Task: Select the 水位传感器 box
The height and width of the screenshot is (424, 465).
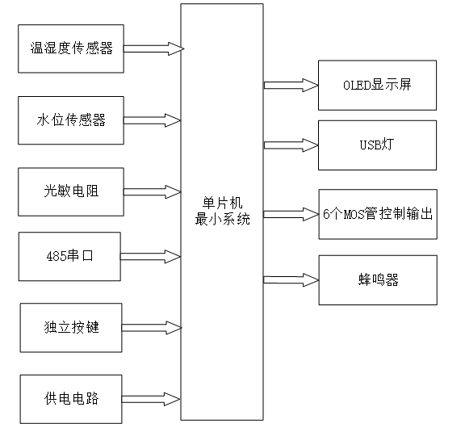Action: [x=72, y=120]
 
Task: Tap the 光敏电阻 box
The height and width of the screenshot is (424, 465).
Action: [x=72, y=191]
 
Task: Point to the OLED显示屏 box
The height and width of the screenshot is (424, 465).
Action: [x=377, y=85]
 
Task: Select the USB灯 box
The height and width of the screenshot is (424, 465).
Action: [x=377, y=145]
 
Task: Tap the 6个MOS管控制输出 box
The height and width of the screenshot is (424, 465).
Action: [x=377, y=214]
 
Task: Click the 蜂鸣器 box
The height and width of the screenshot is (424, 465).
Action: [x=377, y=279]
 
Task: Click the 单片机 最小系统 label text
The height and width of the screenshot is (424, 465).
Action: [x=221, y=212]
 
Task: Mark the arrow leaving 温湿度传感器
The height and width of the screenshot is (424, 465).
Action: [x=153, y=48]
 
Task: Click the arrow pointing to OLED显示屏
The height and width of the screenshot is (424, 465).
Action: [x=290, y=84]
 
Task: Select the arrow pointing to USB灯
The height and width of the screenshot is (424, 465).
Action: [x=290, y=145]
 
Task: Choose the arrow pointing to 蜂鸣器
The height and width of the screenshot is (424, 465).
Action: [x=290, y=279]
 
